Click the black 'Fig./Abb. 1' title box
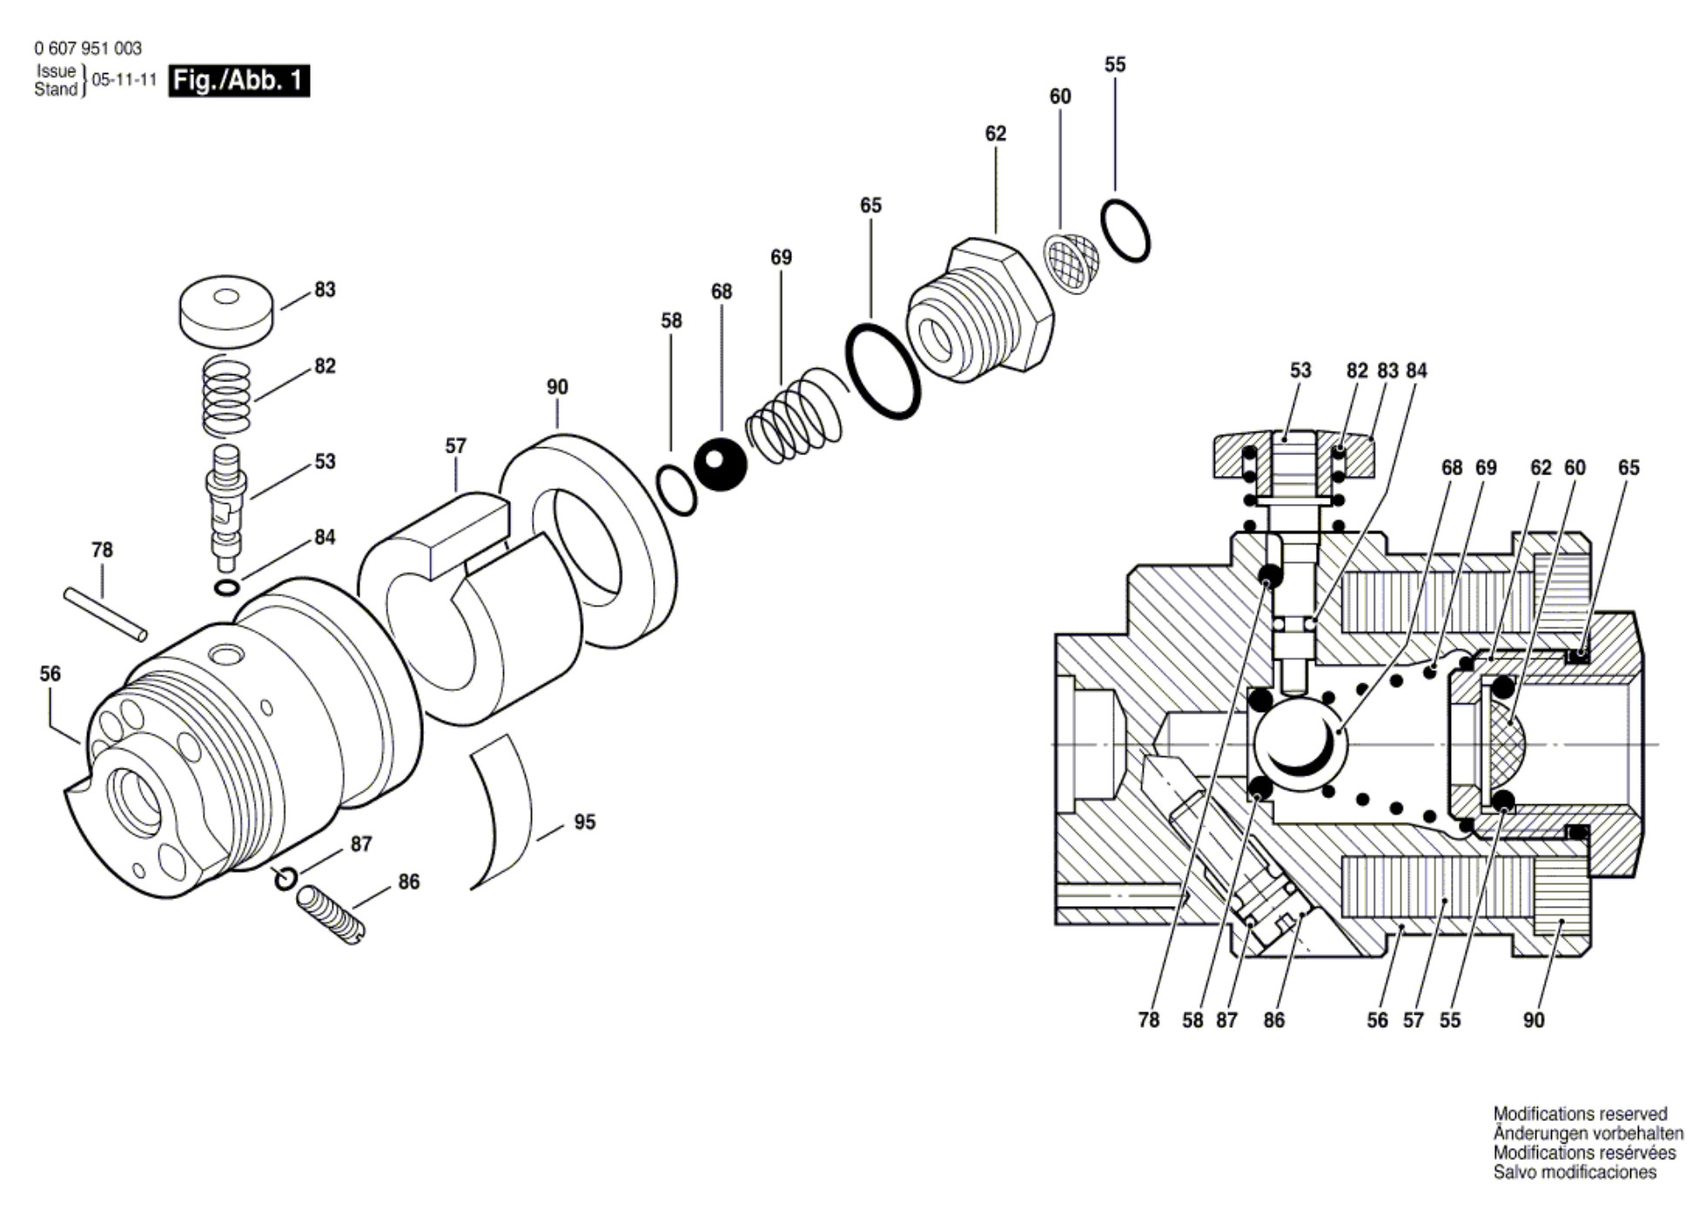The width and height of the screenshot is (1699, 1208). click(239, 81)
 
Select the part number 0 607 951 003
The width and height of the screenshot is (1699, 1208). click(88, 49)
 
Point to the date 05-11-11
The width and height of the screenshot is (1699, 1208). click(124, 80)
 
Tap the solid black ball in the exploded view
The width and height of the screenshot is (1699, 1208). click(721, 464)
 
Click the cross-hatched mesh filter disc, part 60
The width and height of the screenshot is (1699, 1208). click(1071, 263)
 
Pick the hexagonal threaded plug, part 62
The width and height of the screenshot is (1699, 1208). click(979, 311)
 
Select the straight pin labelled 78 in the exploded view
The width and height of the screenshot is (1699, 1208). click(105, 614)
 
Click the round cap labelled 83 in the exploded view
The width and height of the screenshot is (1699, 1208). click(226, 311)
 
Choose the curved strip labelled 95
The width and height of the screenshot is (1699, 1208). click(501, 812)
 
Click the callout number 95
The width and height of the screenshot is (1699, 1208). click(585, 822)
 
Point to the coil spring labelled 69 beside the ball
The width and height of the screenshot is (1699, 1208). click(796, 415)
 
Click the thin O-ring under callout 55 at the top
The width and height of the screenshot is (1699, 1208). click(1125, 231)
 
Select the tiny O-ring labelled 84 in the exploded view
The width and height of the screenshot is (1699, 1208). click(226, 587)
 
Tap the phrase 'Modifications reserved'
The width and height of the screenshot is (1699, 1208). click(1580, 1114)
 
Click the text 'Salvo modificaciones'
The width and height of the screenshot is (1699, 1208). click(1575, 1172)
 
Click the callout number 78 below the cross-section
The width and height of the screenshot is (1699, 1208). click(1149, 1020)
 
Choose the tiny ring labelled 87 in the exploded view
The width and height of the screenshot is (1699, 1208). click(285, 879)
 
